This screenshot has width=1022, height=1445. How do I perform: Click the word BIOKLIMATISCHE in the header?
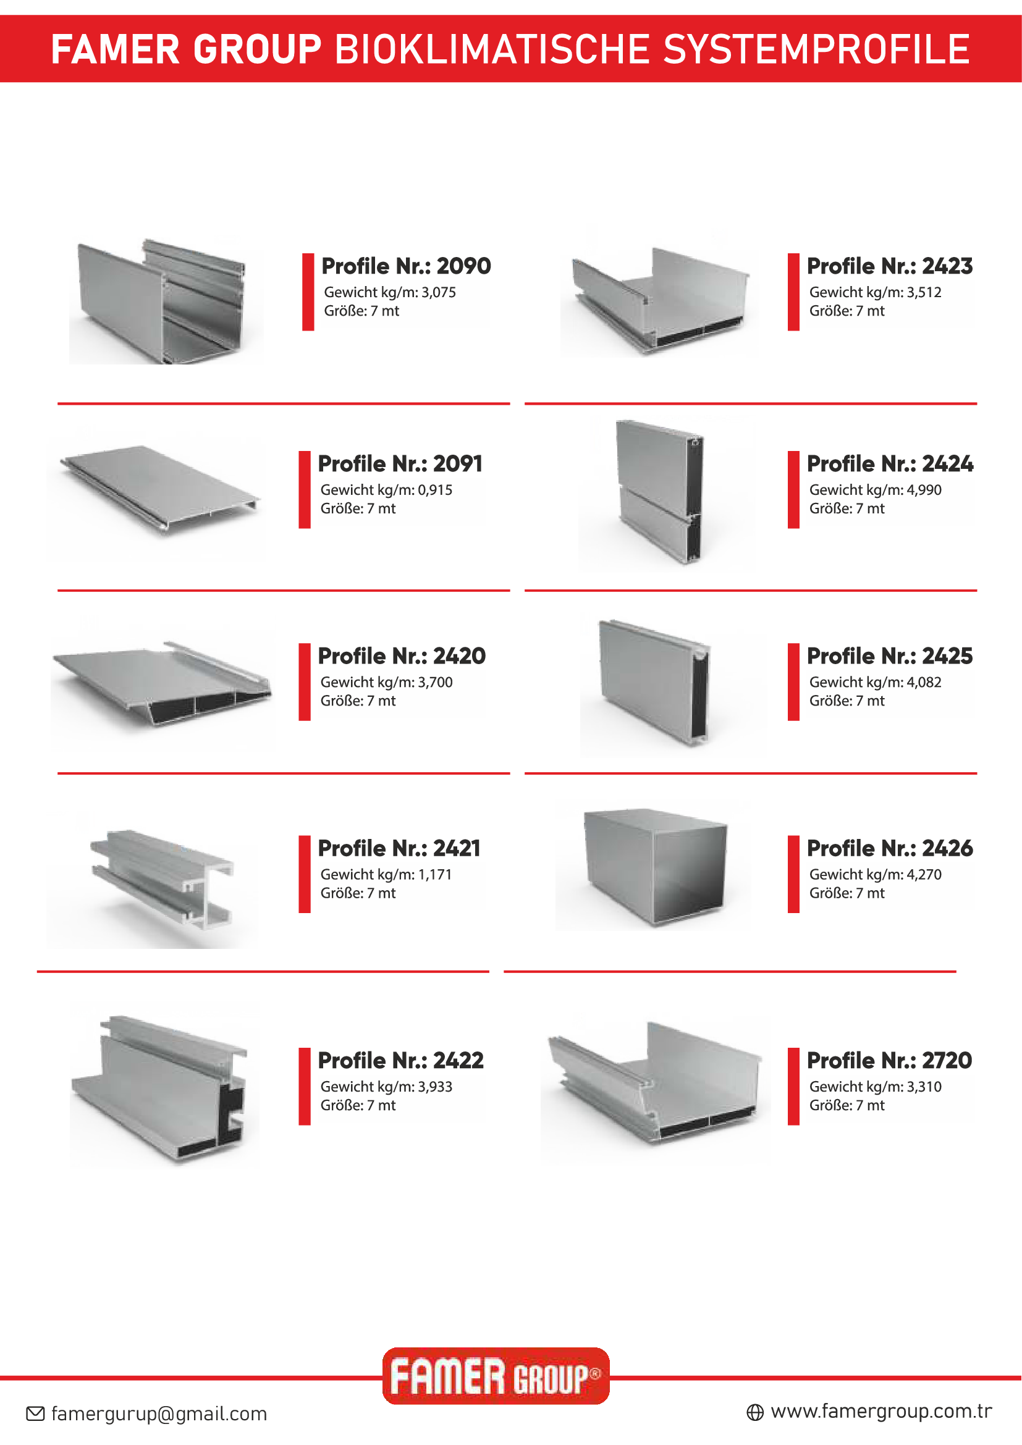491,49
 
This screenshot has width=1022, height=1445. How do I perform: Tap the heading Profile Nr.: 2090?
406,266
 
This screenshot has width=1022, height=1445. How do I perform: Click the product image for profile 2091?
156,494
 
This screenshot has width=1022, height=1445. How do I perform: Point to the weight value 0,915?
434,491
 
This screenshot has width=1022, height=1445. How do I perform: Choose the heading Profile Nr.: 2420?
402,657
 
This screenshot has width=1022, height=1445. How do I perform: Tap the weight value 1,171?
434,875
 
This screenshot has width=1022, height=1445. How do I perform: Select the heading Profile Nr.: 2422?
401,1061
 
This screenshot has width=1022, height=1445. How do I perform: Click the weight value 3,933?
434,1087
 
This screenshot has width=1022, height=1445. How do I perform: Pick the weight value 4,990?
924,491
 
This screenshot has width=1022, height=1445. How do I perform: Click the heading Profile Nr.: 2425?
890,657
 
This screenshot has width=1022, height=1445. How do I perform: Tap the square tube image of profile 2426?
653,866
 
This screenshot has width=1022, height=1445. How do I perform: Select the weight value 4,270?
924,875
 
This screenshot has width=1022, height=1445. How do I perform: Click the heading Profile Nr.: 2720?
890,1061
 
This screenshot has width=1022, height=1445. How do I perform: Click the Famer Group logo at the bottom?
496,1376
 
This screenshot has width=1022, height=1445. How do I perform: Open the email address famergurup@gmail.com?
159,1414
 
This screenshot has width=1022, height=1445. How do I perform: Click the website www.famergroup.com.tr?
881,1412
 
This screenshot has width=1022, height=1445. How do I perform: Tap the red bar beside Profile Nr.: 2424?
793,490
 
